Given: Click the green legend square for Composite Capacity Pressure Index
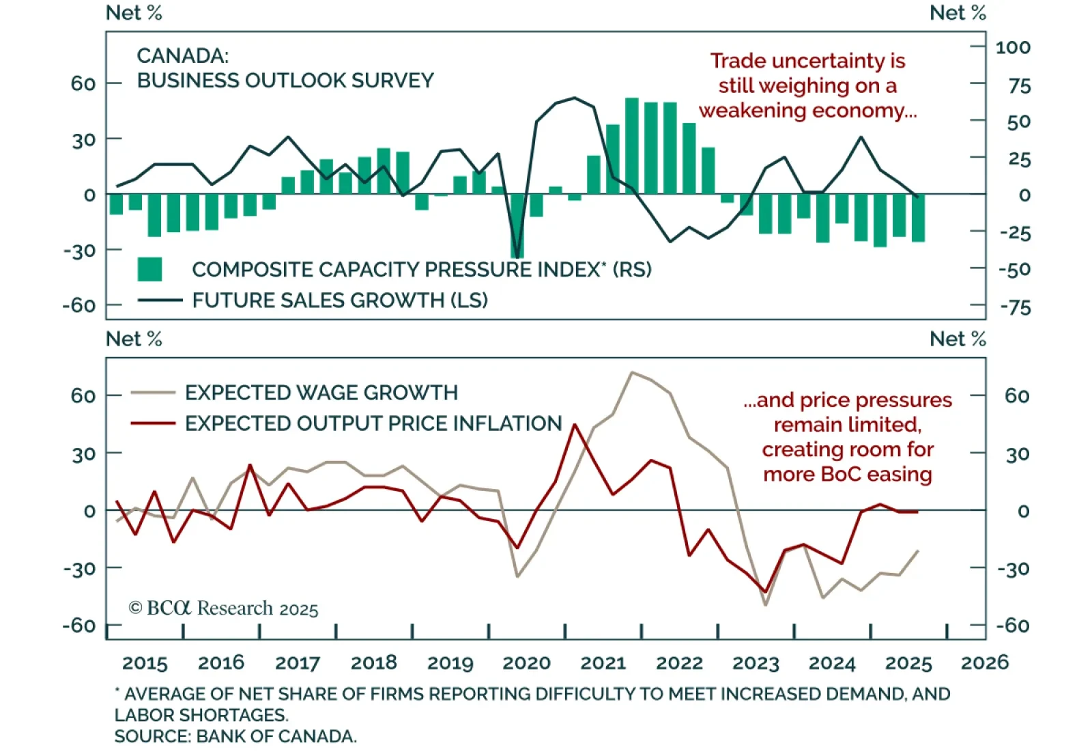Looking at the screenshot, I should (149, 270).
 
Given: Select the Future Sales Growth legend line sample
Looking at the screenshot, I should (160, 300).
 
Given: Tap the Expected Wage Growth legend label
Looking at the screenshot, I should (321, 393).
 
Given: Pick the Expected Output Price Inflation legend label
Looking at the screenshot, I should (373, 423).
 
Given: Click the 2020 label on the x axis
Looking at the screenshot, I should (526, 662).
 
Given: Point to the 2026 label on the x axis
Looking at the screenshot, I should (984, 662).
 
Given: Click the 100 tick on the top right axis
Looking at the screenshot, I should (1013, 48).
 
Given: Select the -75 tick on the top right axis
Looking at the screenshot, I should (1015, 307).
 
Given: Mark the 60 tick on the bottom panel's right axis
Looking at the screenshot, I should (1017, 396).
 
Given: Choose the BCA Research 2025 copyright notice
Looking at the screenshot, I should (223, 608).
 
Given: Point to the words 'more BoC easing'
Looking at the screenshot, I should (847, 474).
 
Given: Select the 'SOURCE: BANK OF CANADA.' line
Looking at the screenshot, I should (235, 736).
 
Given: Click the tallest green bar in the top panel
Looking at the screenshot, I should (632, 146).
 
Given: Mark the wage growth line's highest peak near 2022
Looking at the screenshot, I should (632, 373).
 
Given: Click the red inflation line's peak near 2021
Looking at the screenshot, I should (575, 425).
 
